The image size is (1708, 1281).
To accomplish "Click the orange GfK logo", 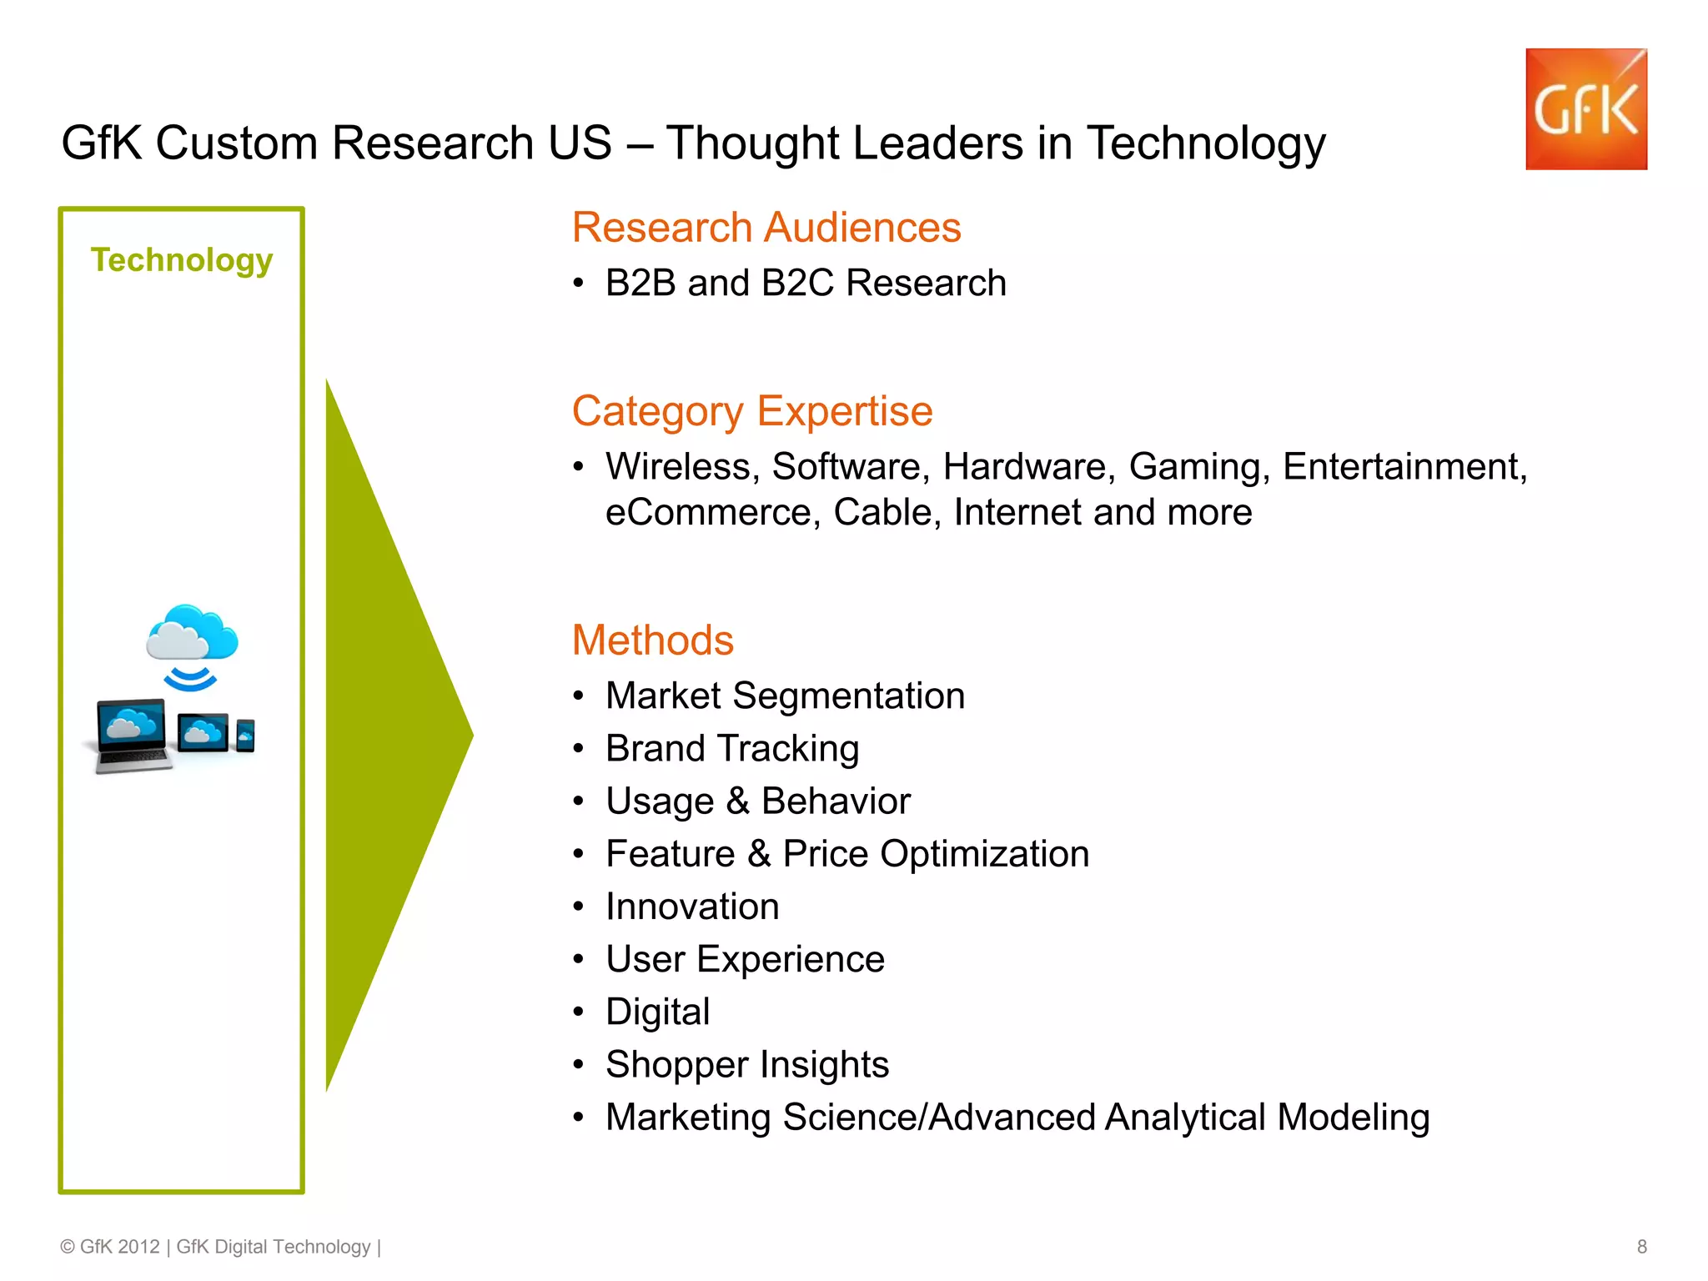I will click(1585, 109).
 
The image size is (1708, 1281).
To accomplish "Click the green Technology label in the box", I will click(182, 260).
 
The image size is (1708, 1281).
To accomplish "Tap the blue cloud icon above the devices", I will click(192, 634).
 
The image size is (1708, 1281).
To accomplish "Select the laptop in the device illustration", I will click(131, 734).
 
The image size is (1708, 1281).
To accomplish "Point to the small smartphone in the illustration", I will click(245, 736).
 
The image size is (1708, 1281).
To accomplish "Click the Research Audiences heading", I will click(766, 228).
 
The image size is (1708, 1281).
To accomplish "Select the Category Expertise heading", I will click(752, 411).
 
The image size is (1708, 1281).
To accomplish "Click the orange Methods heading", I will click(653, 640).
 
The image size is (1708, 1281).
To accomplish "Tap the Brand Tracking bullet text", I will click(732, 748).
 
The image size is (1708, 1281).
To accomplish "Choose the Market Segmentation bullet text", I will click(785, 696).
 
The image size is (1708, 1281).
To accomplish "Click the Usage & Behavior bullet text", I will click(758, 801).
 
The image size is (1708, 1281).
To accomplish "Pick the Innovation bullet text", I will click(692, 907).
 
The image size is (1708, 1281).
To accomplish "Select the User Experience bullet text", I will click(745, 959).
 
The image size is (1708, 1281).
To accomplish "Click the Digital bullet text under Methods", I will click(658, 1012).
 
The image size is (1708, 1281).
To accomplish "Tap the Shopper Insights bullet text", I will click(747, 1064).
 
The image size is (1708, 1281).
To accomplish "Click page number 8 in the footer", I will click(1641, 1247).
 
